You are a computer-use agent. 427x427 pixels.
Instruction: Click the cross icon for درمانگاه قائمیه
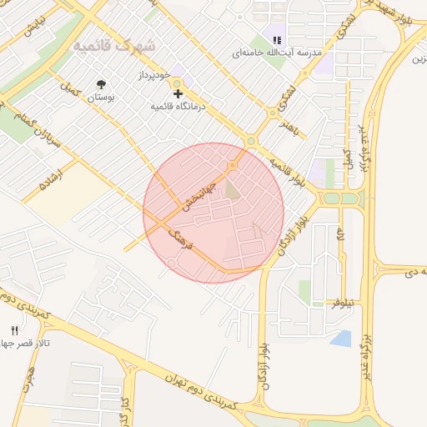point(178,93)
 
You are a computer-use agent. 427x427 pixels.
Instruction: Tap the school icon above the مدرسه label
point(277,39)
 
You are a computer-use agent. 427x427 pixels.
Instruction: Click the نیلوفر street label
point(342,303)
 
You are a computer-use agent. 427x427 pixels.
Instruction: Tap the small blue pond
point(341,338)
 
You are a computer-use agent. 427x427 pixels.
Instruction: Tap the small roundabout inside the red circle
point(171,264)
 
